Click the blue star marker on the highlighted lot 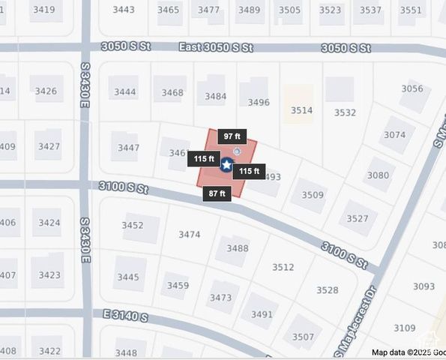pos(226,163)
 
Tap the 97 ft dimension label pos(232,136)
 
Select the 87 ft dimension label pos(216,193)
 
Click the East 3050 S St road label pos(216,47)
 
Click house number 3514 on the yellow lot pos(301,110)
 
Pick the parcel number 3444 pos(125,92)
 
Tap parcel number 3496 pos(259,103)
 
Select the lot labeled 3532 pos(345,113)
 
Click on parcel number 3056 pos(412,88)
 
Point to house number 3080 pos(379,175)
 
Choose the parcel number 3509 pos(313,195)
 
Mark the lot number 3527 pos(357,219)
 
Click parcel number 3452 pos(132,226)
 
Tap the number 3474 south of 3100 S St pos(189,235)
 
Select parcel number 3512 pos(283,267)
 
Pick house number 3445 pos(127,277)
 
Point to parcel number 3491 pos(262,315)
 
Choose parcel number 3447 pos(128,148)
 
